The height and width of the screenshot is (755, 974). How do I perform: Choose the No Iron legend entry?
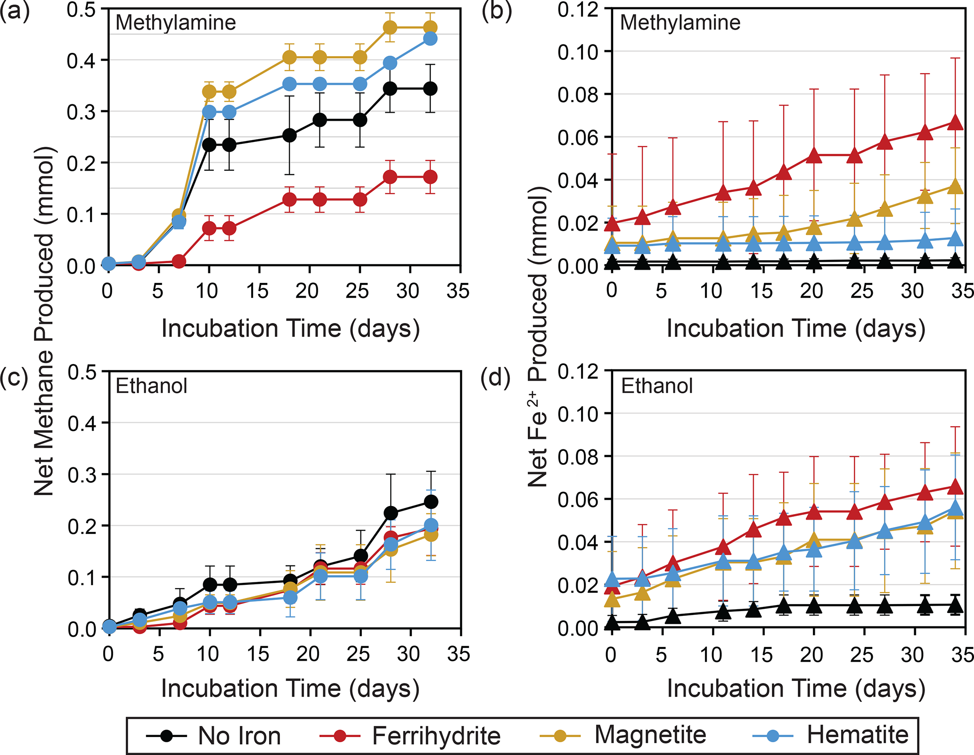coord(214,736)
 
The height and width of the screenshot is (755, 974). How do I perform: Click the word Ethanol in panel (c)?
coord(151,386)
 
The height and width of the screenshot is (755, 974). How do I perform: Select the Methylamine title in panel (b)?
coord(680,23)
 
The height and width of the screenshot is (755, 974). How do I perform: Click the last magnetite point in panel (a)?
coord(430,28)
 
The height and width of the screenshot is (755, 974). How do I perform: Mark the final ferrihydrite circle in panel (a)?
coord(430,177)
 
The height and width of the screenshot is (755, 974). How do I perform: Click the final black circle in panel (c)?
coord(431,502)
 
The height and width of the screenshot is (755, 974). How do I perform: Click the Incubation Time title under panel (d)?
coord(796,689)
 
